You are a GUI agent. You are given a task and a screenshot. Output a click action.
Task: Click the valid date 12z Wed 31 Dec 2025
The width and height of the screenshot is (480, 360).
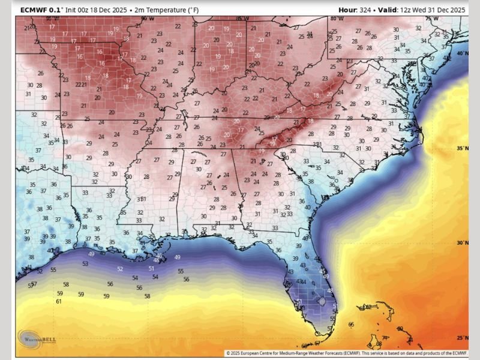(428, 10)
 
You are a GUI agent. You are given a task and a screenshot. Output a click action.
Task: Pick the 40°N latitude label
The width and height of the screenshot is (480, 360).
(462, 53)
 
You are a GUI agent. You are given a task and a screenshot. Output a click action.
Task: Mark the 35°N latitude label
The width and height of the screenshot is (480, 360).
(462, 148)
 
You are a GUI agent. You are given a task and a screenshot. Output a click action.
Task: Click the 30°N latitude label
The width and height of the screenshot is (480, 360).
(462, 243)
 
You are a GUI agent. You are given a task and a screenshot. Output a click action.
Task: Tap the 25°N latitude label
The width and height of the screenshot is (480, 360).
(462, 337)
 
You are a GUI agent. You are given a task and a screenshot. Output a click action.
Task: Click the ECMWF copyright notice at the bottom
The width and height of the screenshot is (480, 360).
(346, 353)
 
